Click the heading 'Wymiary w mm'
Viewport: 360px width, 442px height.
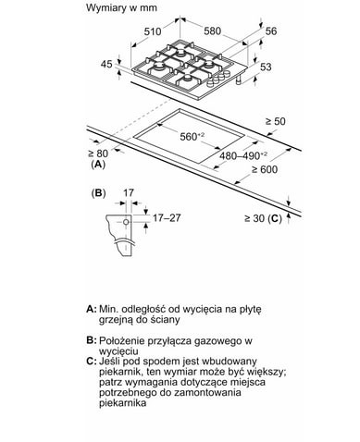(x=121, y=8)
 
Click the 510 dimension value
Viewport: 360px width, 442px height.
(x=153, y=31)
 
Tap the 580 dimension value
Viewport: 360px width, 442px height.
(x=212, y=31)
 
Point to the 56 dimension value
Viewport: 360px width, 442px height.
(x=271, y=31)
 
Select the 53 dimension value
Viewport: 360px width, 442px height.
(x=266, y=67)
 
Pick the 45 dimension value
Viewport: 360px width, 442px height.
(x=106, y=64)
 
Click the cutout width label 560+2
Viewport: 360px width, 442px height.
(x=192, y=136)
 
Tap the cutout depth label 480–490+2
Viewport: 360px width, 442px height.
(x=243, y=155)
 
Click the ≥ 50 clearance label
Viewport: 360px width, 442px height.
(x=276, y=121)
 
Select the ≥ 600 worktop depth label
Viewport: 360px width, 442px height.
(x=265, y=169)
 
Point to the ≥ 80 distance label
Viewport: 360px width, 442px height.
(x=98, y=153)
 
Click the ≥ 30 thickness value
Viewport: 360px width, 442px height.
(x=254, y=218)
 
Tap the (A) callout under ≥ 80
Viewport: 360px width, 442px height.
(x=98, y=164)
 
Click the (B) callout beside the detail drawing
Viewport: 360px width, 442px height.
(x=99, y=193)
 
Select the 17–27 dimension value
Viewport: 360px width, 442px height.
(x=167, y=218)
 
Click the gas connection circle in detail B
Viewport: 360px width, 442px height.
(x=126, y=222)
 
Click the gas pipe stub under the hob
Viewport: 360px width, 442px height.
(x=239, y=80)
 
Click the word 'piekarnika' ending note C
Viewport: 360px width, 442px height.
(x=122, y=403)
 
